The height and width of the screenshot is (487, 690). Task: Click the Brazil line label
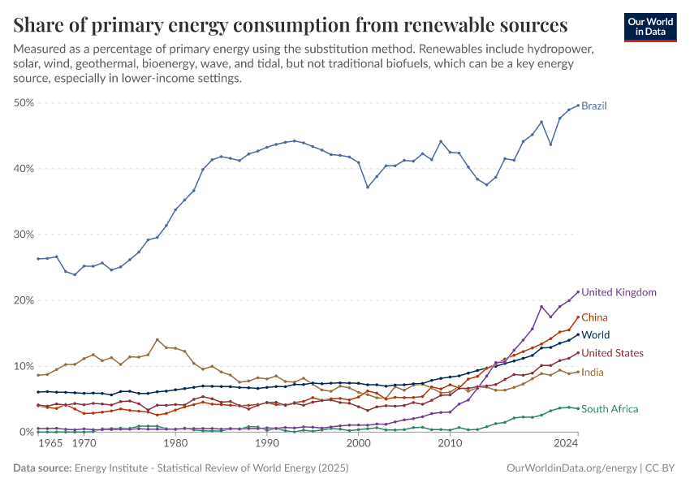click(594, 106)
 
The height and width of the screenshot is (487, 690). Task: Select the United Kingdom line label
click(619, 292)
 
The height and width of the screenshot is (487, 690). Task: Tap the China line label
click(595, 317)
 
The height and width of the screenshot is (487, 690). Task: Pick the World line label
click(596, 335)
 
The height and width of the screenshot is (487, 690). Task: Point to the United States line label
click(613, 353)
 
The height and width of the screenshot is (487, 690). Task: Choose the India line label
click(593, 372)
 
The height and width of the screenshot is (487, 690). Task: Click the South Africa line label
click(610, 409)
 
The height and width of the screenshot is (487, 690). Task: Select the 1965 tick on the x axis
click(51, 445)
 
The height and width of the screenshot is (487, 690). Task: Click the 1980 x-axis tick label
click(175, 445)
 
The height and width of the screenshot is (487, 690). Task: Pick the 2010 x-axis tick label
click(449, 445)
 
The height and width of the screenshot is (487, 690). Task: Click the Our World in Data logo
click(650, 26)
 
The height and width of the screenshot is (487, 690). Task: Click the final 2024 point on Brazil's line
click(577, 106)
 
